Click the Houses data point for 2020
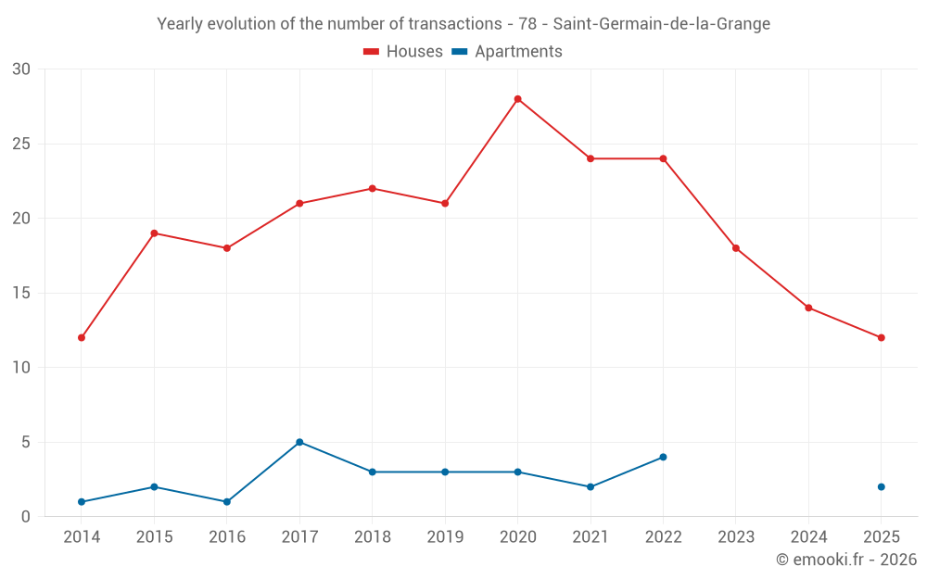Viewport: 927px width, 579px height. coord(517,99)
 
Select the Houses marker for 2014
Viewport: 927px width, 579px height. coord(82,337)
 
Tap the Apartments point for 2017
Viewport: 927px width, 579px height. coord(299,442)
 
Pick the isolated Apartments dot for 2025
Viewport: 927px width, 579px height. coord(881,486)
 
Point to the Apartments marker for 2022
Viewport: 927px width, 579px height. coord(663,457)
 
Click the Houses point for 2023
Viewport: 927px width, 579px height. coord(736,248)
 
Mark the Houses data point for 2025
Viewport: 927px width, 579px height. coord(881,337)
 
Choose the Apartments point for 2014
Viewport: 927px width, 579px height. coord(82,501)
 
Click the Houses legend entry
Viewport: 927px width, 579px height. coord(403,52)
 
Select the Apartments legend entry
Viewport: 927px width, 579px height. coord(508,52)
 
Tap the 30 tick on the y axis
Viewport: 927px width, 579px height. coord(21,69)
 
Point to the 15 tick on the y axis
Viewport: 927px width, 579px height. coord(21,293)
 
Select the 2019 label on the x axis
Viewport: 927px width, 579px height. coord(445,537)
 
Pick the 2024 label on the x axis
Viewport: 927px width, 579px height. coord(808,537)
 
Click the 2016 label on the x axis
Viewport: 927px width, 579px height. coord(227,537)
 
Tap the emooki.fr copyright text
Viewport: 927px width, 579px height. coord(845,560)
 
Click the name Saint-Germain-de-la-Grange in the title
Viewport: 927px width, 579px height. coord(661,24)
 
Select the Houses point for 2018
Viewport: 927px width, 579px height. coord(372,188)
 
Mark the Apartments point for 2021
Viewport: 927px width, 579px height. coord(590,486)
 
